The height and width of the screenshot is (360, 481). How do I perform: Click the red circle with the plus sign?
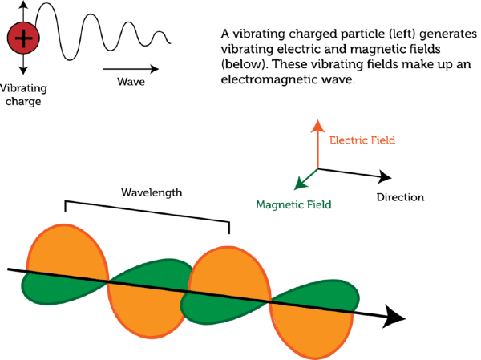click(23, 37)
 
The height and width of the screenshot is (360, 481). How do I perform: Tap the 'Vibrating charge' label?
click(25, 95)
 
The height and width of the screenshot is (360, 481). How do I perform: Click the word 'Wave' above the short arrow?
click(130, 82)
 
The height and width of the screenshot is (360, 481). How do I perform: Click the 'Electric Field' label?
click(363, 140)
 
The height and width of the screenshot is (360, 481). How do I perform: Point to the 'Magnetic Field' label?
click(293, 204)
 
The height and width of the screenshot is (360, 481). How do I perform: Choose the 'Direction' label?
click(400, 196)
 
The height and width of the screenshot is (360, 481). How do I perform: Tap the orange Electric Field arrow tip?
click(317, 124)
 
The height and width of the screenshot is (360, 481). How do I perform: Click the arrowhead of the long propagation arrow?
click(394, 316)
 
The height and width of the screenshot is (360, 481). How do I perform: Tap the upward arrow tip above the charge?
click(23, 6)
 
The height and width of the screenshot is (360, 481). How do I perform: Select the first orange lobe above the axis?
click(66, 252)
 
